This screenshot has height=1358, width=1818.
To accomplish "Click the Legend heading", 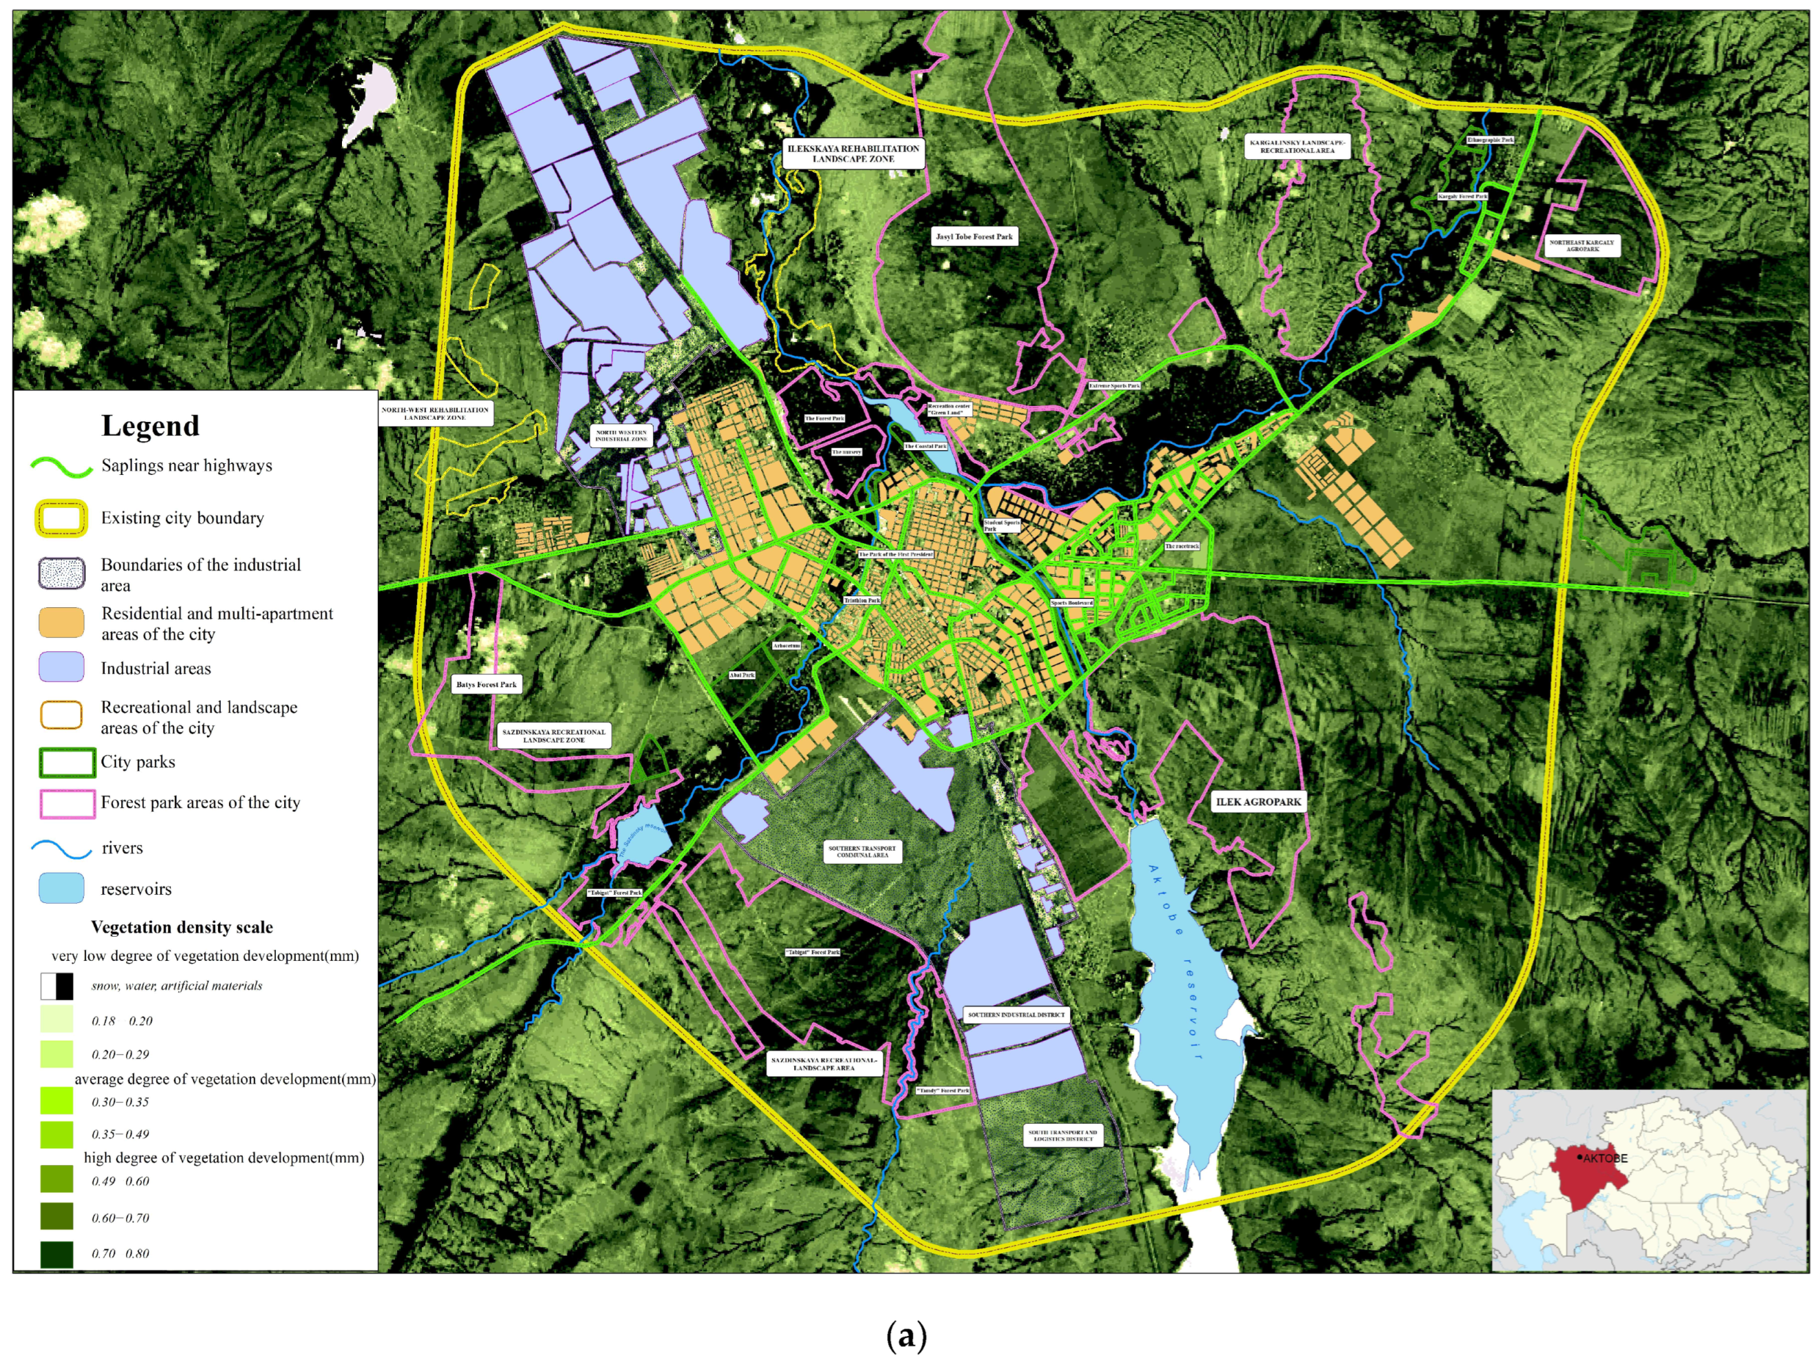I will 150,426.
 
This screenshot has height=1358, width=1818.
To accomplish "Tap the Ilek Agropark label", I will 1258,802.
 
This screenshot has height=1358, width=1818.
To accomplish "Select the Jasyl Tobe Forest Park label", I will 974,236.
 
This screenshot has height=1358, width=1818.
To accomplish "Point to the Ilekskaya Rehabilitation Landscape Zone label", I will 853,154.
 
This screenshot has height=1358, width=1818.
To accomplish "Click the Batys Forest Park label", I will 487,684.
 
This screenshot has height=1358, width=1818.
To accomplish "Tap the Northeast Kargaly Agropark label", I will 1582,246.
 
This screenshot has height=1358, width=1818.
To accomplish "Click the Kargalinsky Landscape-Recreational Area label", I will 1297,147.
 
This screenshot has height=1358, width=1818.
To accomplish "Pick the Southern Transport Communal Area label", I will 862,851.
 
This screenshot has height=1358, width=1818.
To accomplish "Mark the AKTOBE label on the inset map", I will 1604,1158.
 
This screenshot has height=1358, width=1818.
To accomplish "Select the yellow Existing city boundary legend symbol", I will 61,518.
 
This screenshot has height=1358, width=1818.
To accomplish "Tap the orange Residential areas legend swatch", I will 61,622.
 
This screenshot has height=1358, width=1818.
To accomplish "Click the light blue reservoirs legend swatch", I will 61,888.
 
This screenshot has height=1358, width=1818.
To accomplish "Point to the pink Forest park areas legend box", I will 68,803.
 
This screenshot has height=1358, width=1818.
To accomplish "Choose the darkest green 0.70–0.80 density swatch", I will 57,1255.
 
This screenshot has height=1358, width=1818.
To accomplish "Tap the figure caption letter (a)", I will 907,1335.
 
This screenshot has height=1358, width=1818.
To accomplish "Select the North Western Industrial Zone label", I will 621,436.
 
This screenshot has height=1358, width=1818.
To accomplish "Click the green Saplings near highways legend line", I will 61,467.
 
